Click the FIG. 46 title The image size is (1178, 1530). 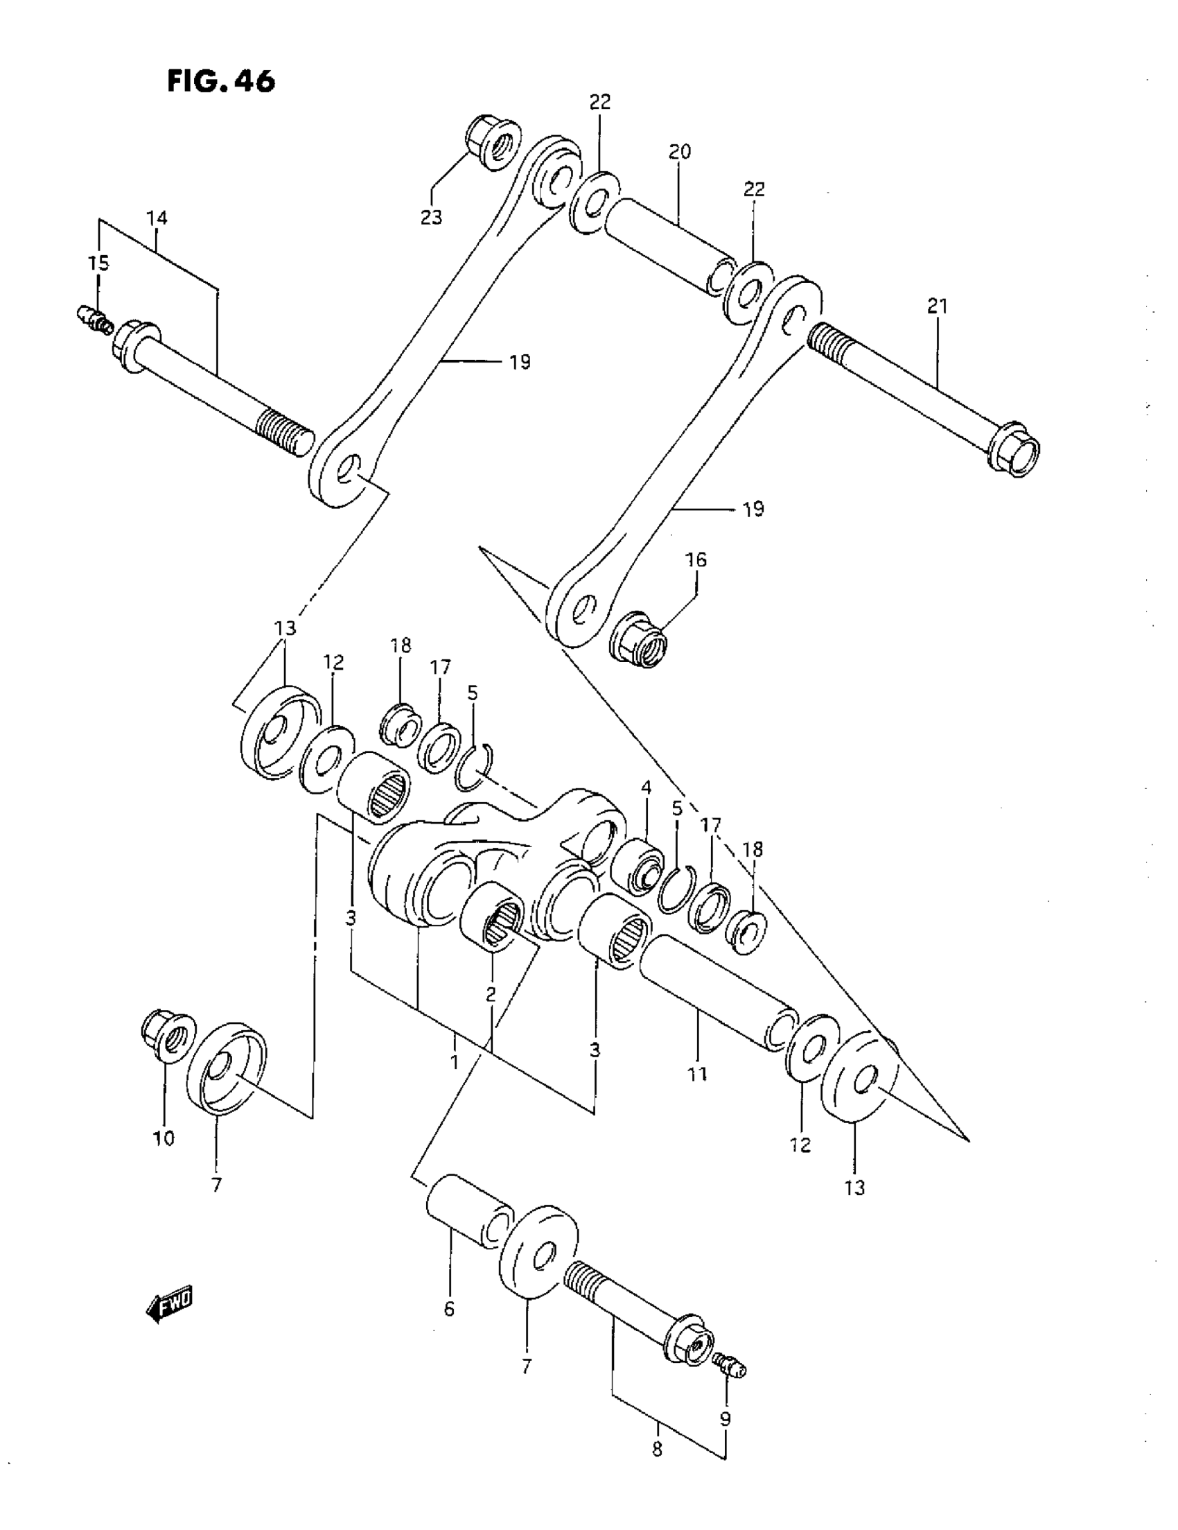point(220,81)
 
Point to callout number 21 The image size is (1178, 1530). point(937,306)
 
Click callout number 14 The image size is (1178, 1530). point(157,218)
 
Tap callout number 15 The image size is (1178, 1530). point(99,263)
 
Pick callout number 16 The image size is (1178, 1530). point(696,559)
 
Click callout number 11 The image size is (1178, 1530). point(698,1073)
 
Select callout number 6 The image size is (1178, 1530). point(449,1308)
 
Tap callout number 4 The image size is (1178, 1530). point(646,788)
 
